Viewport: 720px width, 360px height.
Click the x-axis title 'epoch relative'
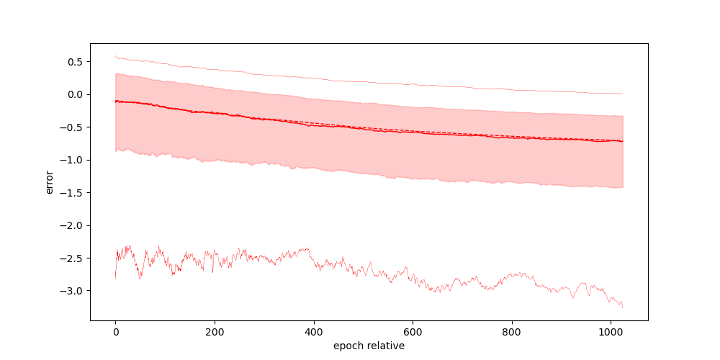pos(369,346)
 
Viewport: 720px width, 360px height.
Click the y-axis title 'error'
pos(50,181)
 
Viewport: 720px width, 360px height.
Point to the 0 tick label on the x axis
pos(115,333)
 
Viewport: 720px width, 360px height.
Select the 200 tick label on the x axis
pos(215,333)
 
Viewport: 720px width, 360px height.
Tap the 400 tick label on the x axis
pos(313,333)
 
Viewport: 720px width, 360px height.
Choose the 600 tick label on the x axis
pos(413,333)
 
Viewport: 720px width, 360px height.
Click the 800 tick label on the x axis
pos(512,333)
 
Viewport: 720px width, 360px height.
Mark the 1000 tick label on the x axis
pos(611,333)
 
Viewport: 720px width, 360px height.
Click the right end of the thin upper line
pos(622,94)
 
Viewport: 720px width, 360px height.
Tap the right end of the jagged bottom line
pos(622,307)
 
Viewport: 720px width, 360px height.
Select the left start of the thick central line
pos(115,102)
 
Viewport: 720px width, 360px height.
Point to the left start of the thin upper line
pos(115,55)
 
